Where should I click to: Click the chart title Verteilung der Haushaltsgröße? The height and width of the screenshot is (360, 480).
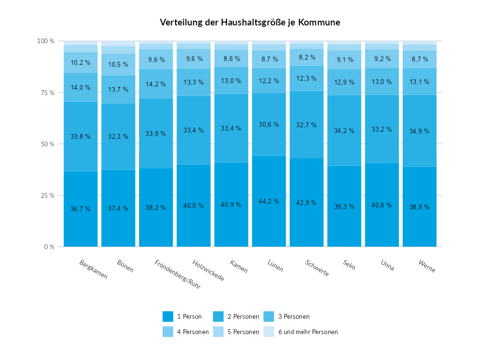point(250,23)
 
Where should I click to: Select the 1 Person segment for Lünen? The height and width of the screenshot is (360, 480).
point(269,221)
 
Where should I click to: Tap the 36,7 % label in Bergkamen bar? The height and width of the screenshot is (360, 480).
point(81,209)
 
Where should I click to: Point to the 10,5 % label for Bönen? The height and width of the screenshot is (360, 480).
point(118,64)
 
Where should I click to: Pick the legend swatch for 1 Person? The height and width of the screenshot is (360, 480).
point(168,316)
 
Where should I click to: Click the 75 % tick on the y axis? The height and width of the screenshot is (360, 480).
point(47,93)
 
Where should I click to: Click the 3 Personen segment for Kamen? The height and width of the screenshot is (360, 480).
point(231,80)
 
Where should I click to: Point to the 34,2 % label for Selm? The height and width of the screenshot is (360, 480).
point(344,131)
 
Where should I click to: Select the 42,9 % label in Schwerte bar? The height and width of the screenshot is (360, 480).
point(307,203)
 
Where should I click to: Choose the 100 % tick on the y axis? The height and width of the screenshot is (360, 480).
point(46,41)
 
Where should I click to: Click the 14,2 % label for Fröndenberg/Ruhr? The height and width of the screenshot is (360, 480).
point(156,84)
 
